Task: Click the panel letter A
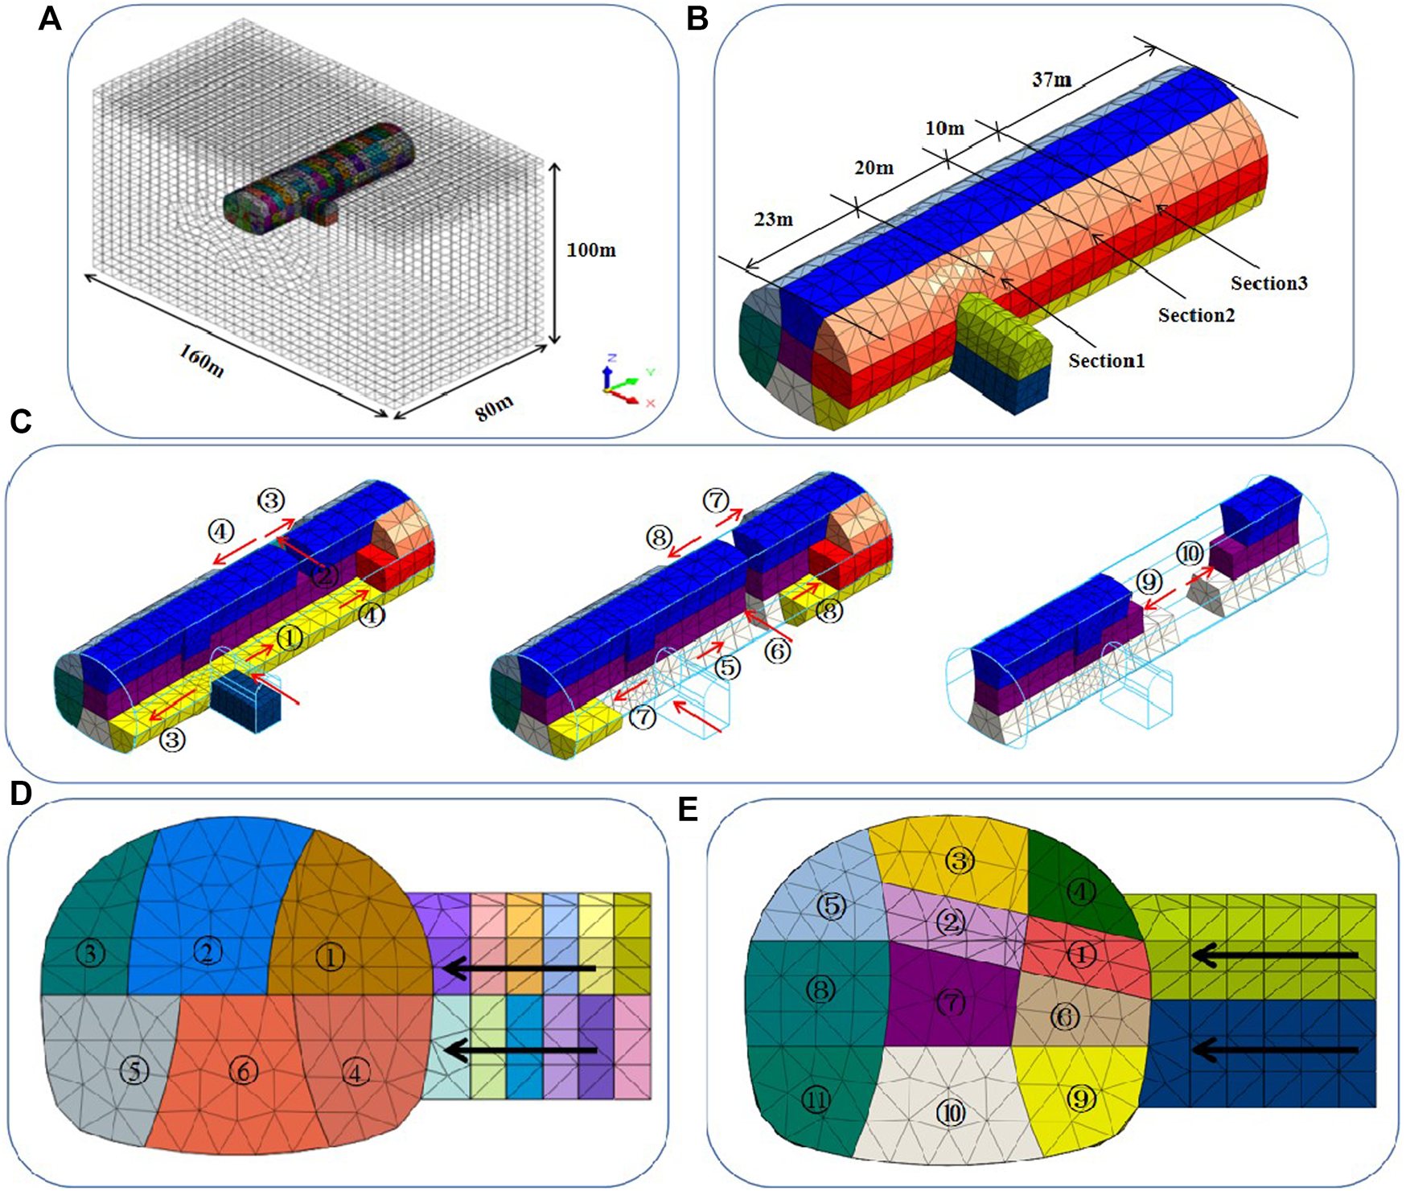coord(50,18)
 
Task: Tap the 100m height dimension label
coord(591,250)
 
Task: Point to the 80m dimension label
coord(494,409)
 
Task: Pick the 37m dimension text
coord(1051,80)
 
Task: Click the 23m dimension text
coord(773,219)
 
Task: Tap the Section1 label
coord(1106,361)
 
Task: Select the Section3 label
coord(1268,283)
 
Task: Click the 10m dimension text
coord(944,129)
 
